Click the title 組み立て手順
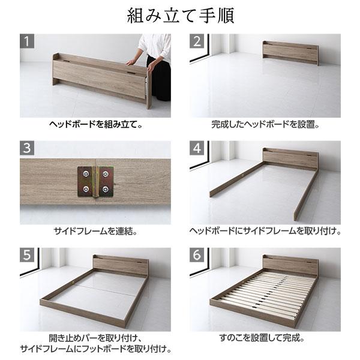coord(180,16)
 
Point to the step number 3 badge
coord(28,149)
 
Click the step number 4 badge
coord(197,149)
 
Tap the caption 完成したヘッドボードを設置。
coord(265,126)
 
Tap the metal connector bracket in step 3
coord(97,182)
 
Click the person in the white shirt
coord(153,60)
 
